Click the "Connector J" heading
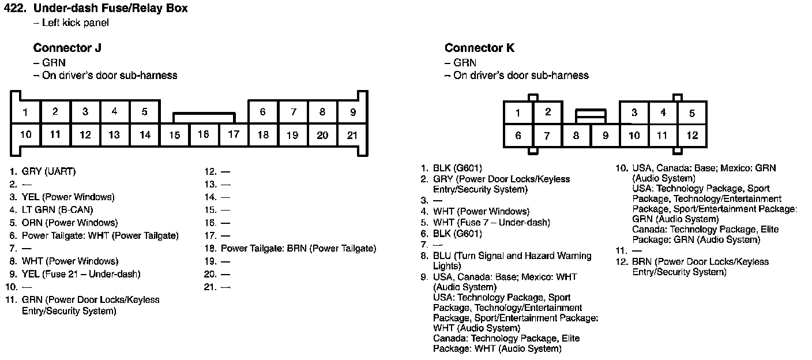[x=67, y=48]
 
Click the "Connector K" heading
[x=479, y=48]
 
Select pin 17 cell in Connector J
[x=233, y=135]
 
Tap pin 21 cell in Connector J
[x=352, y=135]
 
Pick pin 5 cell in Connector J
[x=145, y=112]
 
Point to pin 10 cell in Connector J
[x=25, y=135]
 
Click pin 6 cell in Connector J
[x=263, y=112]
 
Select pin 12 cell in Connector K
[x=692, y=136]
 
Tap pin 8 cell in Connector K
[x=576, y=136]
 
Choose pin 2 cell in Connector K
[x=547, y=112]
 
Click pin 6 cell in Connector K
[x=518, y=136]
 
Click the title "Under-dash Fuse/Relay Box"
[x=111, y=9]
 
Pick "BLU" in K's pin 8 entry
[x=442, y=256]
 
